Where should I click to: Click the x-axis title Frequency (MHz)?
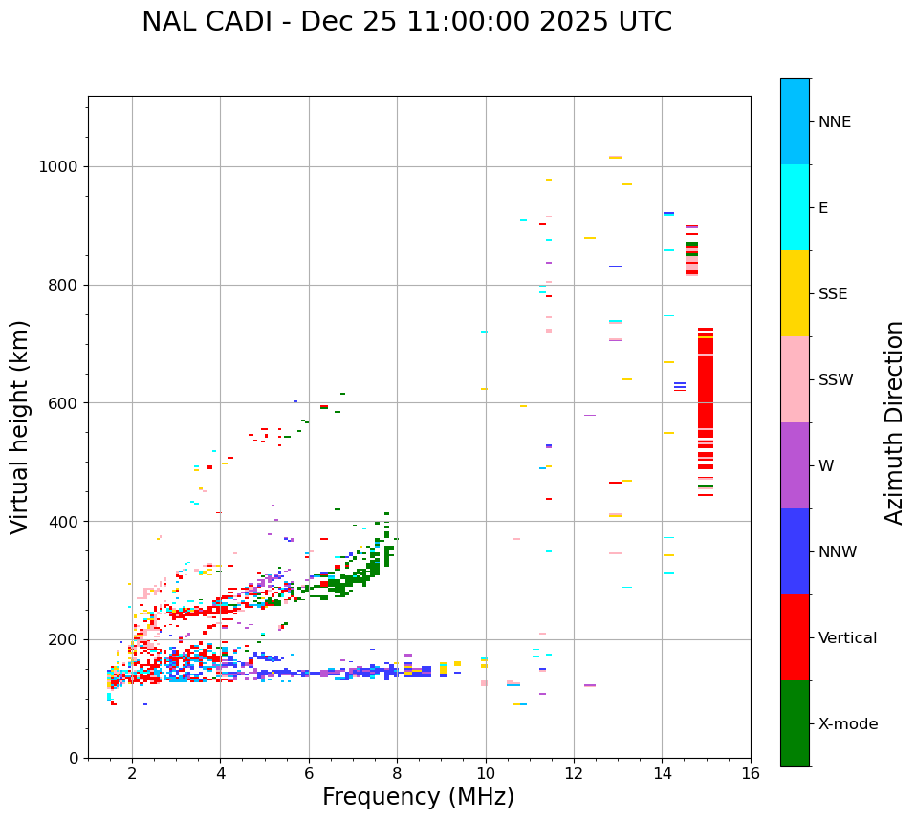[418, 797]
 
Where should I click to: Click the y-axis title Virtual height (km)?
[20, 427]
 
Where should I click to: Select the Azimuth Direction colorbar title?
[894, 422]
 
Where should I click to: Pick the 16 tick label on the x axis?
[751, 773]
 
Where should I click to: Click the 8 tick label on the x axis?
[397, 773]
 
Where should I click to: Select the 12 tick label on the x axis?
[574, 773]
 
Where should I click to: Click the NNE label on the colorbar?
[834, 122]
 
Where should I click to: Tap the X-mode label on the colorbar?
[847, 724]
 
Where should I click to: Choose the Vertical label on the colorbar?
[847, 638]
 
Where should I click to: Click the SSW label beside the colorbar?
[835, 380]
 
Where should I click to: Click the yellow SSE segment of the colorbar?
[795, 293]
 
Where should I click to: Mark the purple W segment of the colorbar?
[795, 465]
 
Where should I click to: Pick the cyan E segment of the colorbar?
[795, 207]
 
